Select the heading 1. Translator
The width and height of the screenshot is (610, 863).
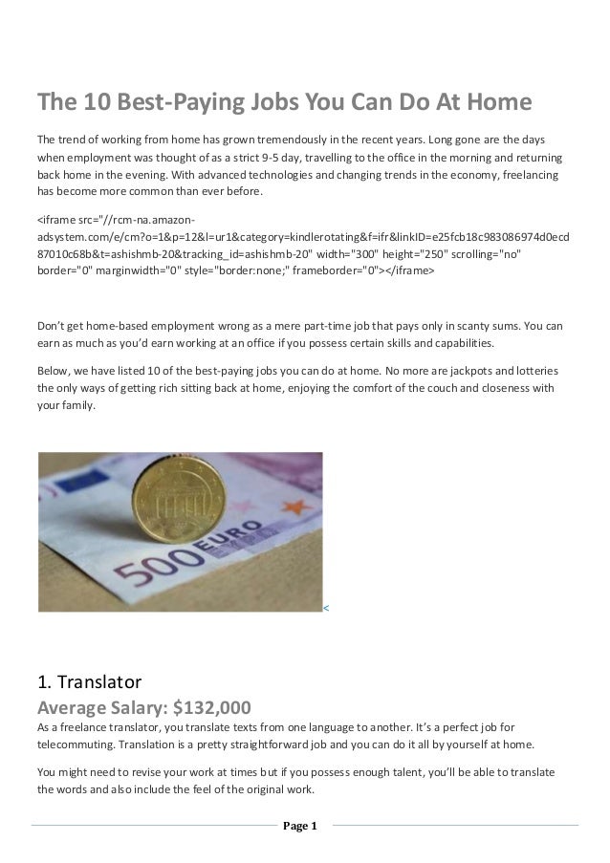[x=89, y=682]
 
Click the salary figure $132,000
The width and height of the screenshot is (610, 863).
[x=208, y=708]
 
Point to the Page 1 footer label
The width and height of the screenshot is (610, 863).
[x=303, y=826]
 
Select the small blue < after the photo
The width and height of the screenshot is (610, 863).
[x=326, y=607]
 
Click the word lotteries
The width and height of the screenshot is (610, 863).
[x=534, y=369]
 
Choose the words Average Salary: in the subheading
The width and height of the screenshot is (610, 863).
[x=98, y=708]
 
